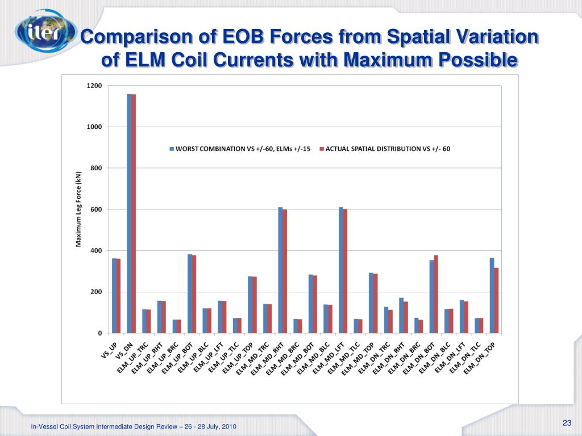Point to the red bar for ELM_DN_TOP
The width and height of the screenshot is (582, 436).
(x=496, y=300)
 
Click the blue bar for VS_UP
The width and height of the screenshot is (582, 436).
(x=114, y=296)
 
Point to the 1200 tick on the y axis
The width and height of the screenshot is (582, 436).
(x=94, y=86)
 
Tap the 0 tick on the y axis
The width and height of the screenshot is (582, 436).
(x=99, y=333)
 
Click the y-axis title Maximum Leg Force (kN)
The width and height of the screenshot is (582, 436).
(x=79, y=209)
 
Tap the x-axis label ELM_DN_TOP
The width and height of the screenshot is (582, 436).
(x=480, y=358)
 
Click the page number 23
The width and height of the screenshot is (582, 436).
(x=566, y=422)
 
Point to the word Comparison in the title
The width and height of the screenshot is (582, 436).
(x=134, y=38)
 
